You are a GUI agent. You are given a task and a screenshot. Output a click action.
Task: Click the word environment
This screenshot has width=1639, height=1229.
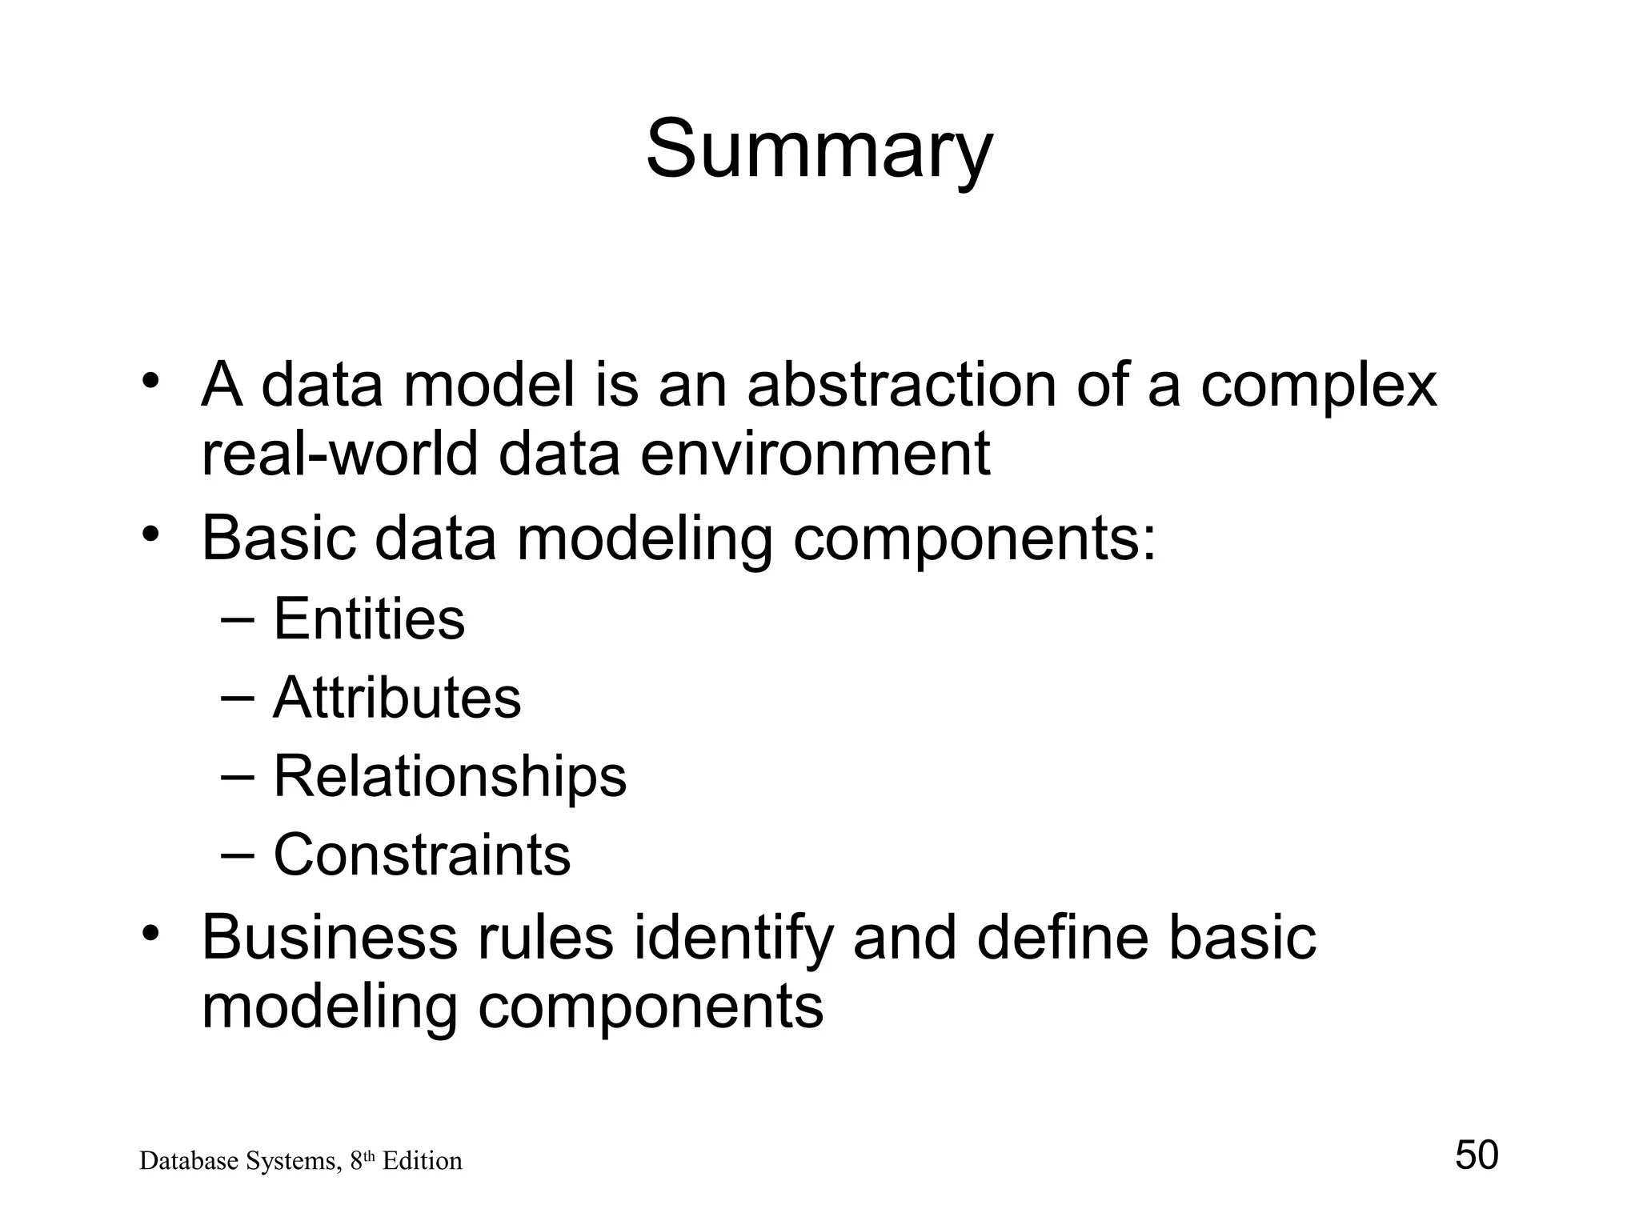(x=815, y=454)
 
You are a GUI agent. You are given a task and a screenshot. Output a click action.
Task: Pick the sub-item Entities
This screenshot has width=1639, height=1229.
(x=369, y=619)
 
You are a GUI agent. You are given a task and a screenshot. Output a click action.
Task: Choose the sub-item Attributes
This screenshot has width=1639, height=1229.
(x=397, y=698)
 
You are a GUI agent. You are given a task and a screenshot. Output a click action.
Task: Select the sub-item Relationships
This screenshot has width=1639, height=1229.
(x=450, y=777)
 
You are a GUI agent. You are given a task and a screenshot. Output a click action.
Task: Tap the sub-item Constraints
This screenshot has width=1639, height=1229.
(x=422, y=855)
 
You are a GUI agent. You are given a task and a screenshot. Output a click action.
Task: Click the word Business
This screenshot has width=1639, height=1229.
(x=327, y=937)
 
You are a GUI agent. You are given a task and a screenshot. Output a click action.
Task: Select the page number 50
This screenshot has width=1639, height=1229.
(x=1476, y=1155)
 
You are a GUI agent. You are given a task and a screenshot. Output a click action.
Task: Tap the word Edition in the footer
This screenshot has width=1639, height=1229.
(x=422, y=1161)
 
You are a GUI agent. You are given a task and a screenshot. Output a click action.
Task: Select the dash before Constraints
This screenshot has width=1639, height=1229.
(x=238, y=855)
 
